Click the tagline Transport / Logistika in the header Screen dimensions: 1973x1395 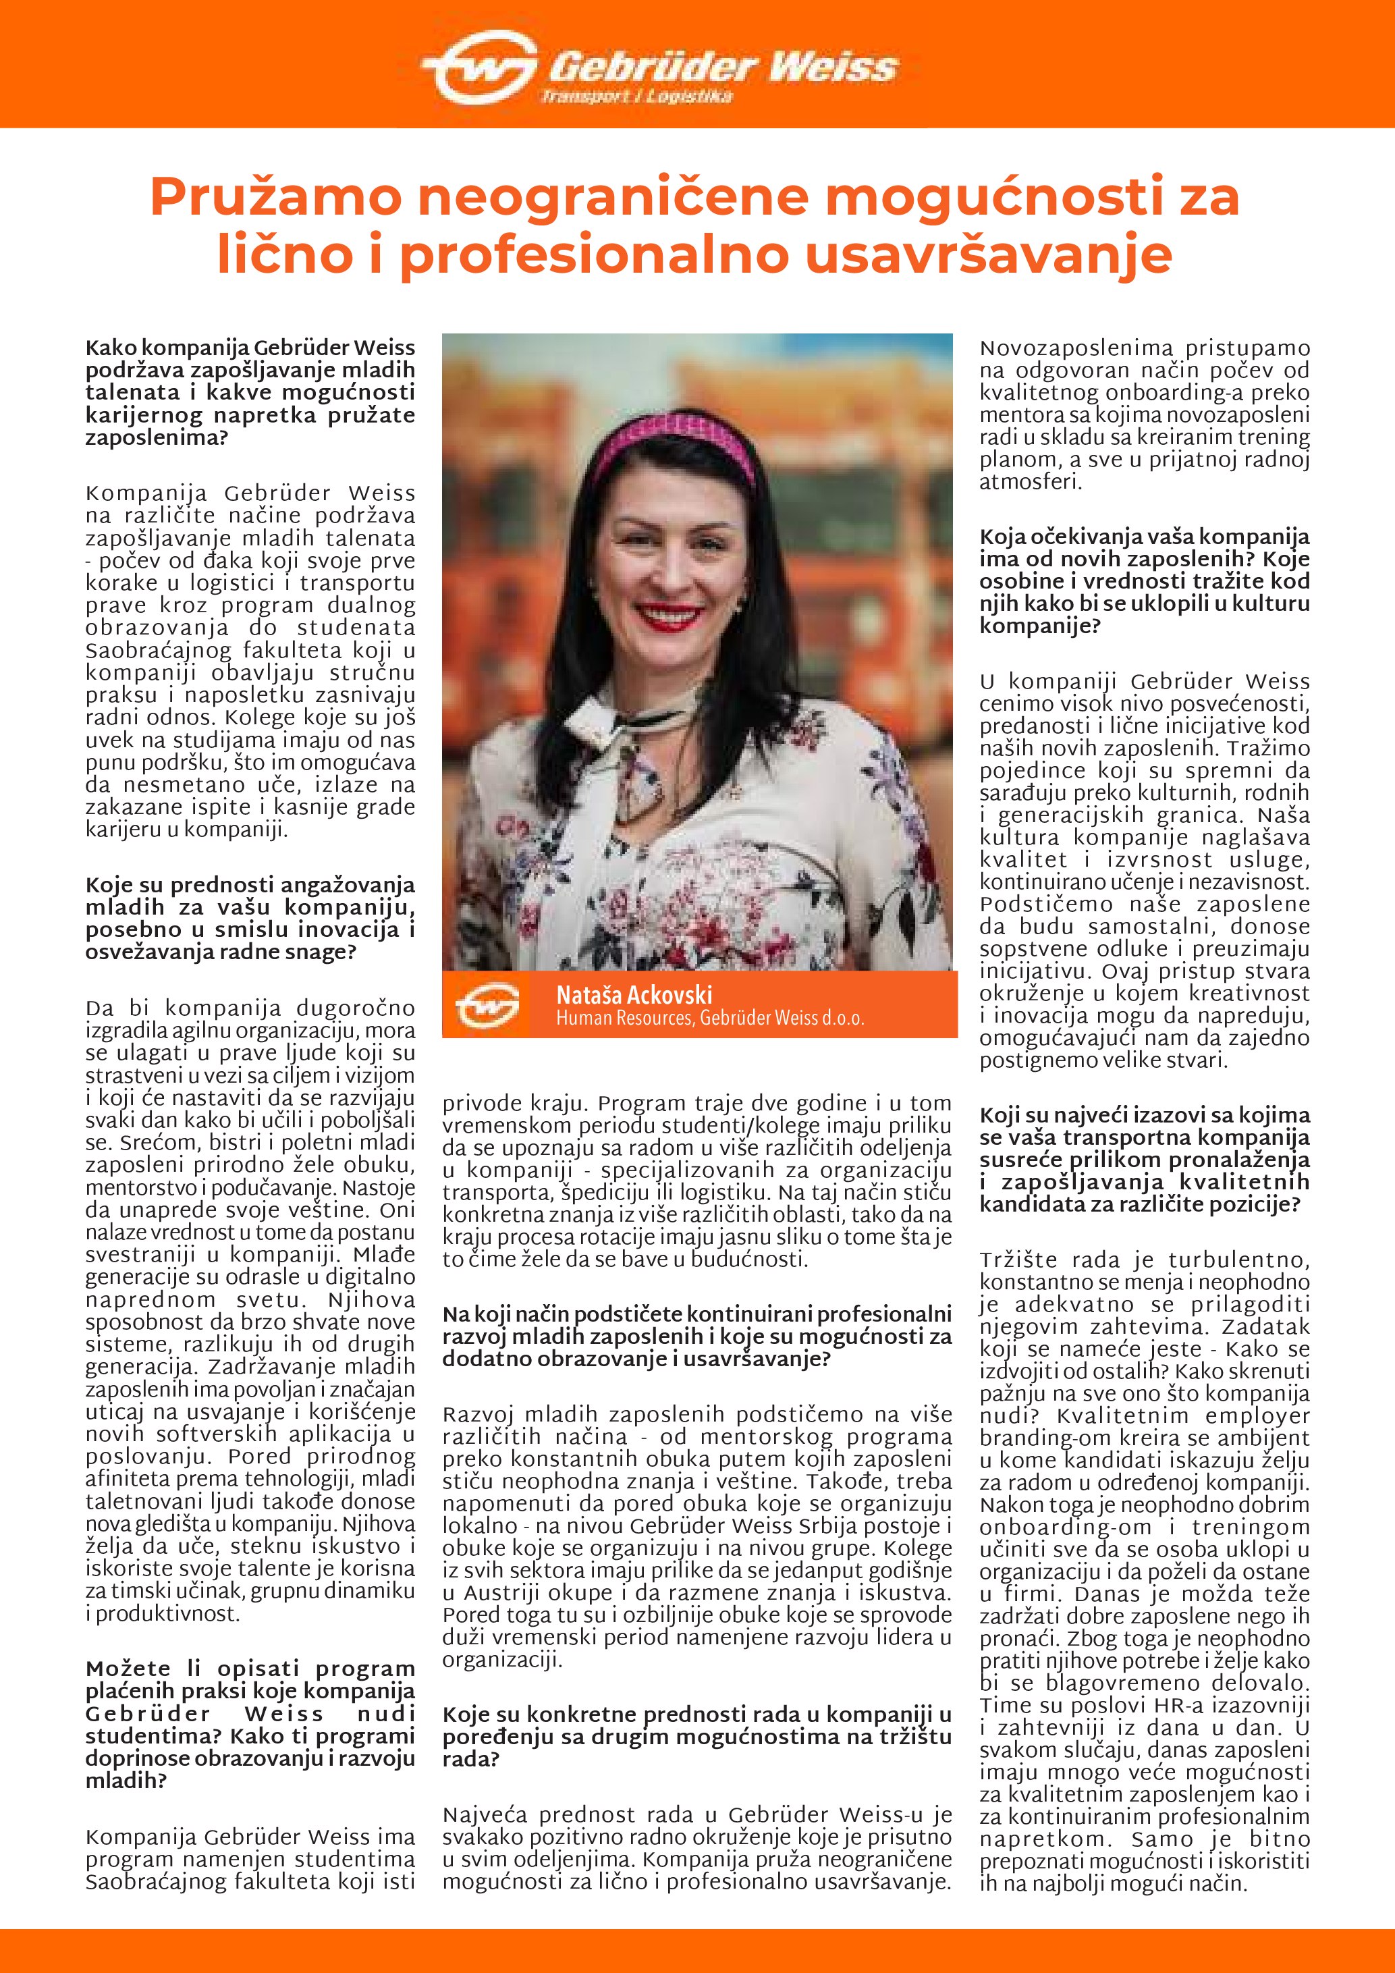(636, 97)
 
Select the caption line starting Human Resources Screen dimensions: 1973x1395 (709, 1019)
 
